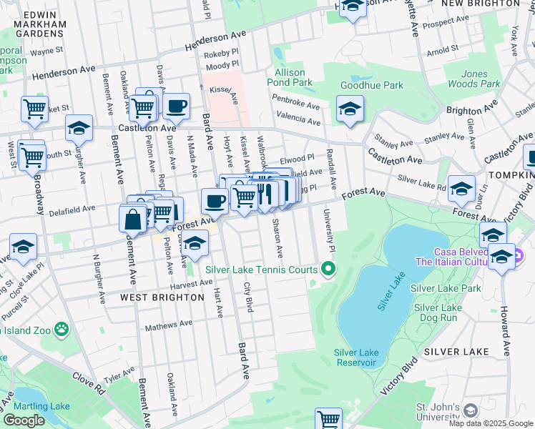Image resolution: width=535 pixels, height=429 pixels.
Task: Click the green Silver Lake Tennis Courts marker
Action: coord(328,270)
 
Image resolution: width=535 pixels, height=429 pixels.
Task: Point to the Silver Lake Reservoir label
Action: coord(355,357)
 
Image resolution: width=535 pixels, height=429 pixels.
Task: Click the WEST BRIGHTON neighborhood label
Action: coord(157,297)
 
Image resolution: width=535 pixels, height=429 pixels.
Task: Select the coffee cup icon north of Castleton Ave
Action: coord(176,107)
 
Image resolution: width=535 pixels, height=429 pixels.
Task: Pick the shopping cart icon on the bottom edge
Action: coord(328,418)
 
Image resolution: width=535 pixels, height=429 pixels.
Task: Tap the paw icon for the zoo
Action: coord(62,330)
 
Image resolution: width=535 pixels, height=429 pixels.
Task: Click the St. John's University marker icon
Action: coord(470,410)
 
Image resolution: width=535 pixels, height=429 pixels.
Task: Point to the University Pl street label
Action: coord(330,235)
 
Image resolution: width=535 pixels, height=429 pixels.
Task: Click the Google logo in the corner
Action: coord(24,420)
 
